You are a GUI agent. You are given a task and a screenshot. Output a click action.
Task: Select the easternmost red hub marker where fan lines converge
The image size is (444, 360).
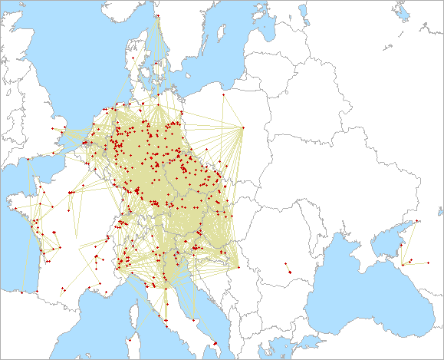tap(242, 127)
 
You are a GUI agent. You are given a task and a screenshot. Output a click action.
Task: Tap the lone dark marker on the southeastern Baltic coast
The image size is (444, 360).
tap(222, 94)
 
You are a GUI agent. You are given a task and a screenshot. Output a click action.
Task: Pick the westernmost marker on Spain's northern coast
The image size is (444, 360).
tap(23, 292)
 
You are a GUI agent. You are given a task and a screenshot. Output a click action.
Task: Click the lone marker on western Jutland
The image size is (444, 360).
tap(132, 58)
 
